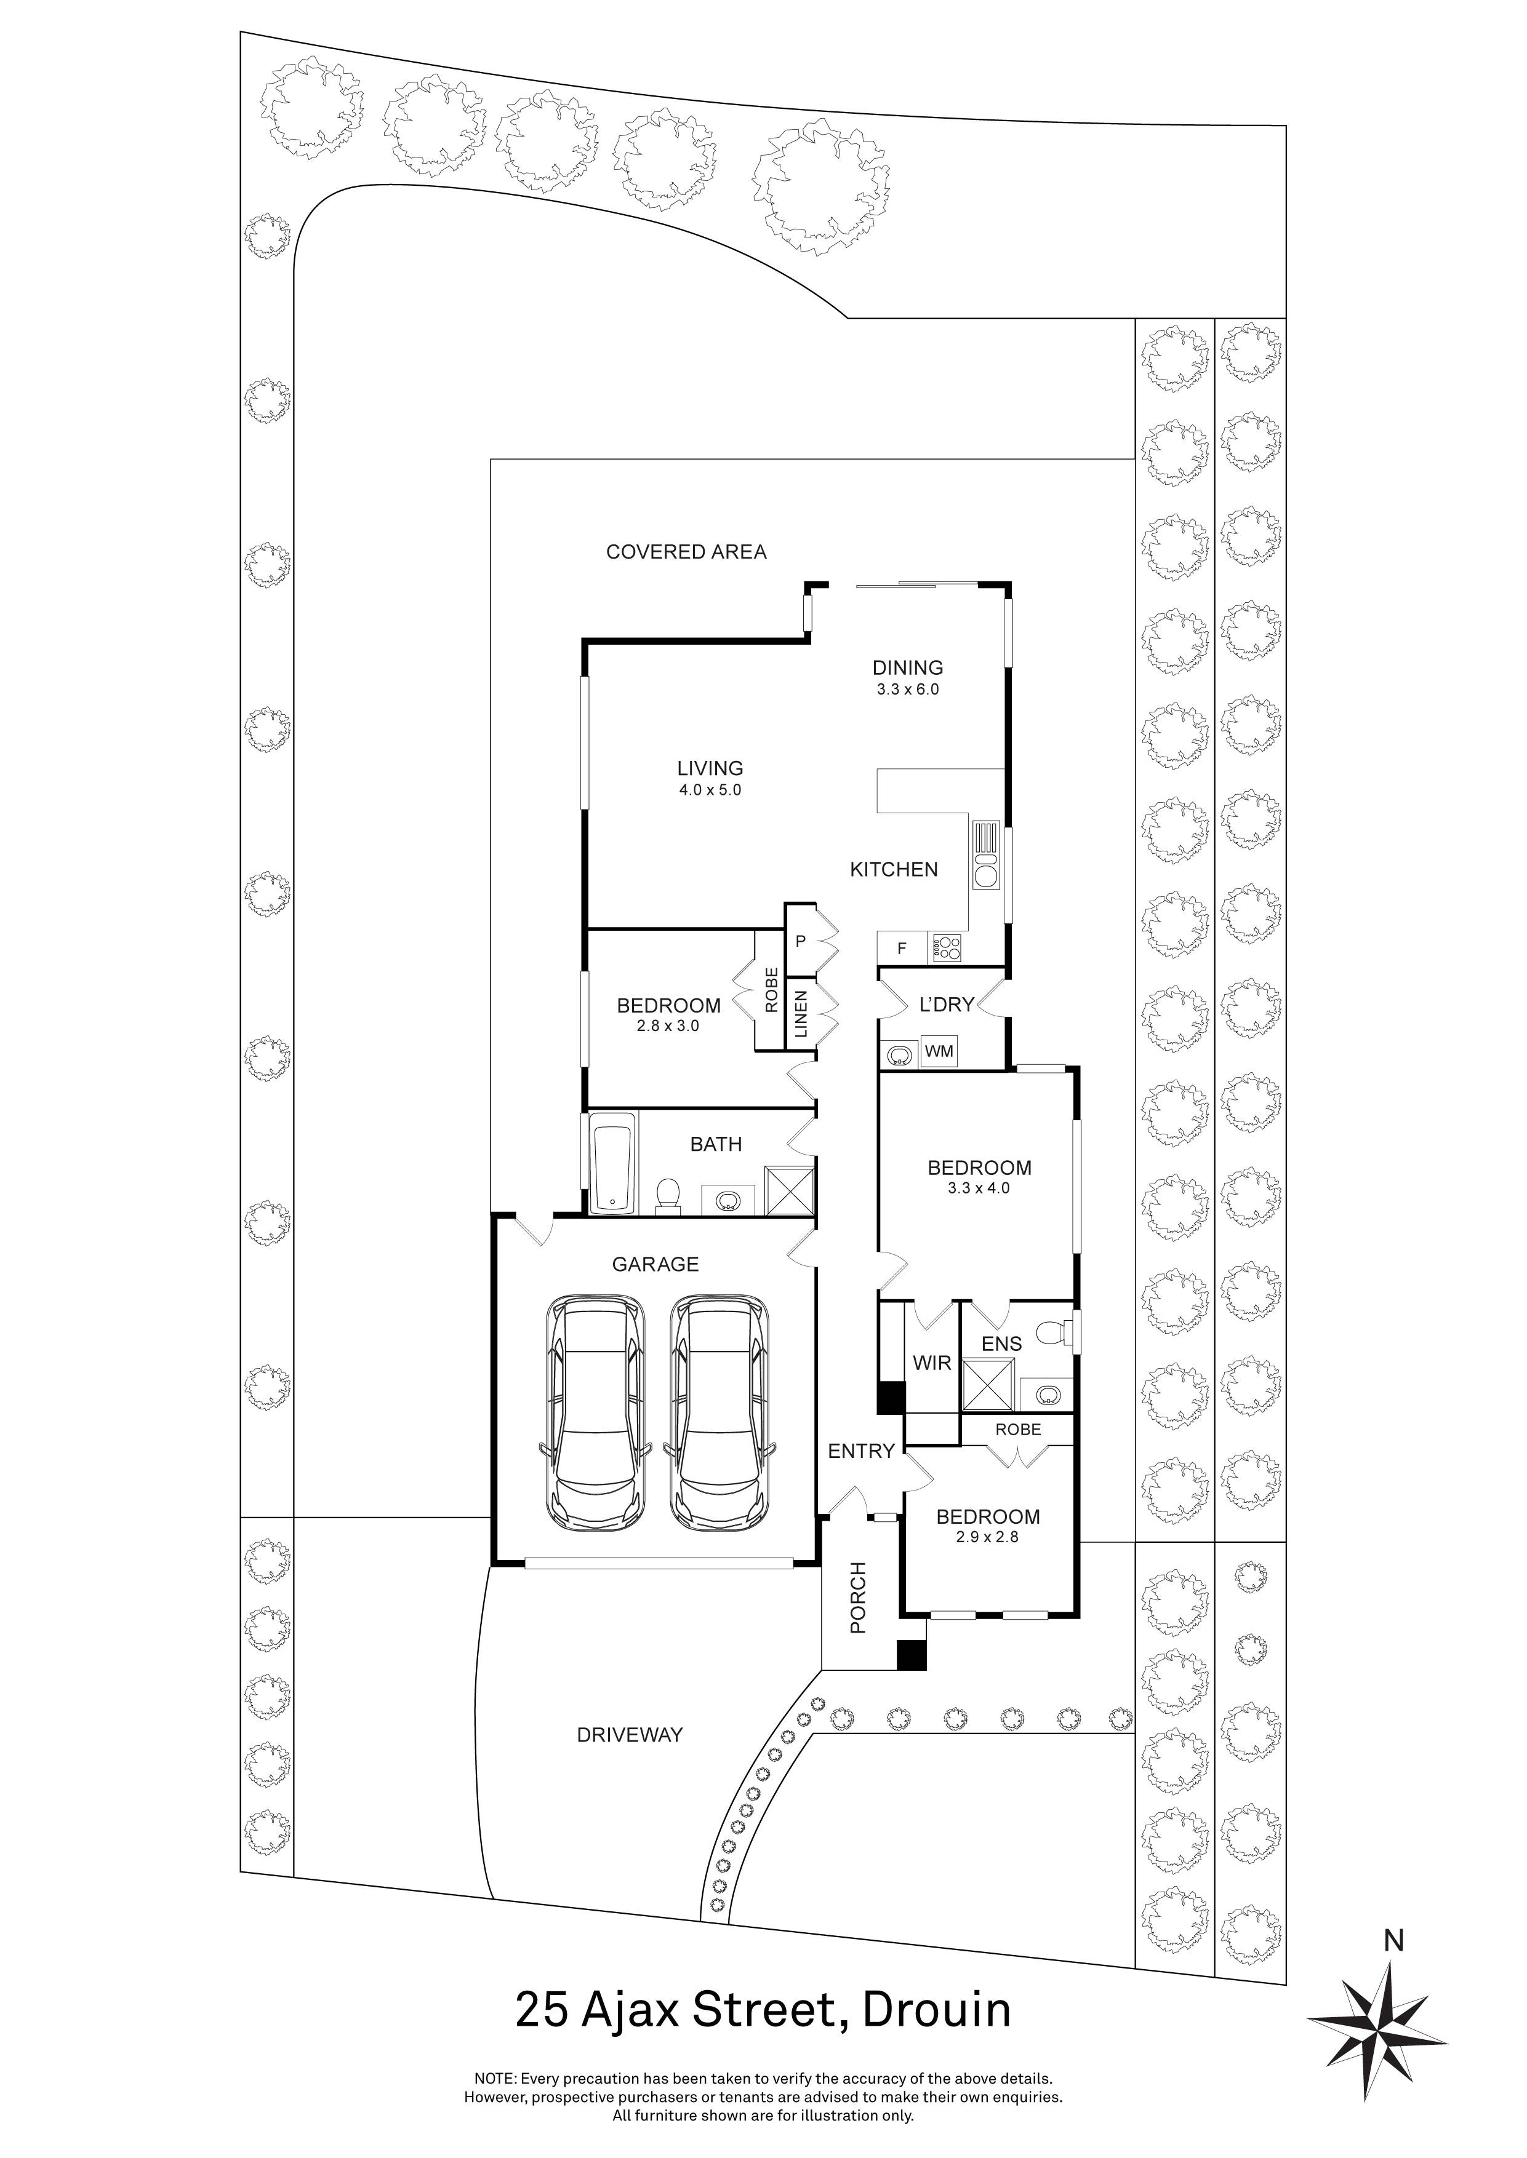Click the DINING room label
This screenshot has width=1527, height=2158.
pos(907,667)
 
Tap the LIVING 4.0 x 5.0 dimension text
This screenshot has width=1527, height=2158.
pos(710,790)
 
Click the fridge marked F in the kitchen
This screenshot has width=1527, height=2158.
pos(901,949)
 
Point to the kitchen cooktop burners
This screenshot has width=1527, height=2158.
pos(946,949)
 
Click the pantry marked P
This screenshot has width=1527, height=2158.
pos(800,941)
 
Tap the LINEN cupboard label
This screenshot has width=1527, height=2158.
pos(801,1013)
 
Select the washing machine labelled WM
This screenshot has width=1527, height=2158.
pos(939,1052)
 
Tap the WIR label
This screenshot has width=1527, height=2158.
pos(931,1363)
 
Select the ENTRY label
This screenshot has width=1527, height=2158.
pos(860,1451)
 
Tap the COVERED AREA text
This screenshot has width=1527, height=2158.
pos(686,552)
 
